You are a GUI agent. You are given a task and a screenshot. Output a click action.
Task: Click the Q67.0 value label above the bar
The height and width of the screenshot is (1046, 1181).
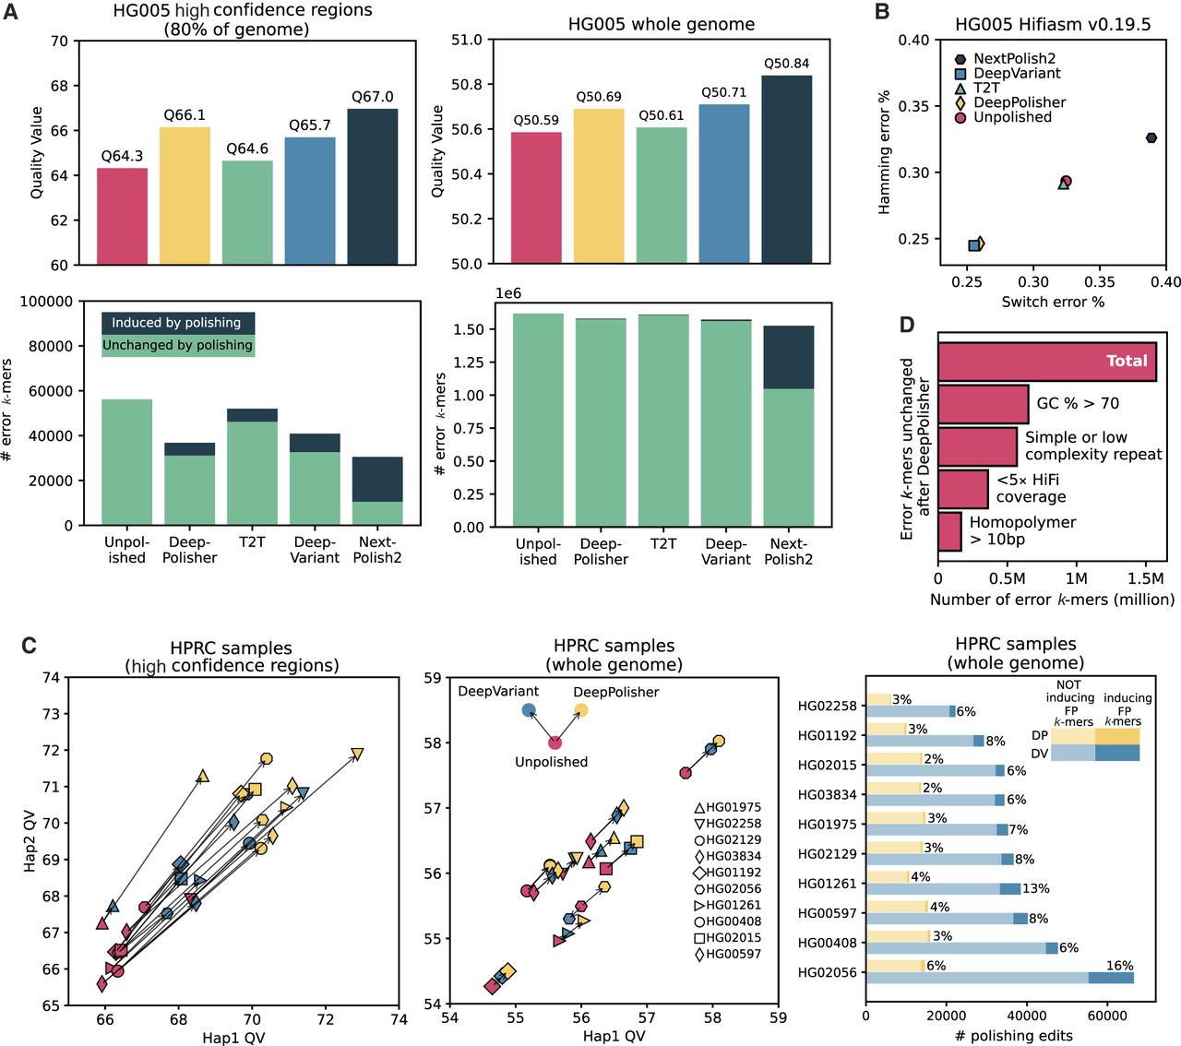(372, 97)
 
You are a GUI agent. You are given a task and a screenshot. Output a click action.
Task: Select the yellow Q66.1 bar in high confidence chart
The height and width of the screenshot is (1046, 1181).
(185, 196)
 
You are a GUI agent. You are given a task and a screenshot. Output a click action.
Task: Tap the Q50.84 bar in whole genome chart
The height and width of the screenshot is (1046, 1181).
(786, 170)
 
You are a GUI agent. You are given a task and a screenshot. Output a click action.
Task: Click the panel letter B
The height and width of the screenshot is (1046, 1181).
(882, 12)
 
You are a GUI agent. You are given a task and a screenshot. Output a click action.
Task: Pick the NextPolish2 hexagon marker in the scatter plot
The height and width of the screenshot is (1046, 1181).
(1151, 138)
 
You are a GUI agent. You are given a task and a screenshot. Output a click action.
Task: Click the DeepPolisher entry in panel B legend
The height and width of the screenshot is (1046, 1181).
(1020, 102)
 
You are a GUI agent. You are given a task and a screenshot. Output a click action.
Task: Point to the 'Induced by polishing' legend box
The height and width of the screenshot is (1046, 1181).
(177, 323)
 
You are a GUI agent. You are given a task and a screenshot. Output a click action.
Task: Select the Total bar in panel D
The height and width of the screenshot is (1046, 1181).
(1046, 362)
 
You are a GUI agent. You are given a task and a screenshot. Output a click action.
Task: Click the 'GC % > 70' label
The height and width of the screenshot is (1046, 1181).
(1078, 403)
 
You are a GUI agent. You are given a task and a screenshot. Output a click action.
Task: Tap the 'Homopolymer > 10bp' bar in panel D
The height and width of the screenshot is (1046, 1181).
(950, 531)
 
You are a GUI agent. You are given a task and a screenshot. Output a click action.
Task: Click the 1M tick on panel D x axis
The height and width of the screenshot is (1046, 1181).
(1076, 579)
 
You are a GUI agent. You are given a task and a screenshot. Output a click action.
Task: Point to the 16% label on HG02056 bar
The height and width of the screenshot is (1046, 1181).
(1119, 966)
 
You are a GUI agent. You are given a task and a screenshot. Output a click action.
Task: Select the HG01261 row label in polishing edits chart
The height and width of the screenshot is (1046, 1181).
(828, 884)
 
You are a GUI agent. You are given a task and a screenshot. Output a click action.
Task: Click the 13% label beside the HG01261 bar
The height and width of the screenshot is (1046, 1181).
(1035, 889)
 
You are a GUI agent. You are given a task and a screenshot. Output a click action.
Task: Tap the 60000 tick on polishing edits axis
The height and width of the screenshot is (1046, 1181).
(1106, 1016)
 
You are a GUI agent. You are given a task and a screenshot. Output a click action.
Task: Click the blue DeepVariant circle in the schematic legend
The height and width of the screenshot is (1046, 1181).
(529, 710)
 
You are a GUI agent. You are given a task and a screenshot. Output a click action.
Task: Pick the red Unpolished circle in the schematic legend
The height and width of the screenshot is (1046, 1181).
(555, 743)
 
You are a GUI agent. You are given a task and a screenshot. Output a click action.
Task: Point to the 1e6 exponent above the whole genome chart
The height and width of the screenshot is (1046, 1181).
(508, 293)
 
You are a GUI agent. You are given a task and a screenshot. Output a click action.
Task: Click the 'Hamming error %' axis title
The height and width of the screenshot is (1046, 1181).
(884, 152)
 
